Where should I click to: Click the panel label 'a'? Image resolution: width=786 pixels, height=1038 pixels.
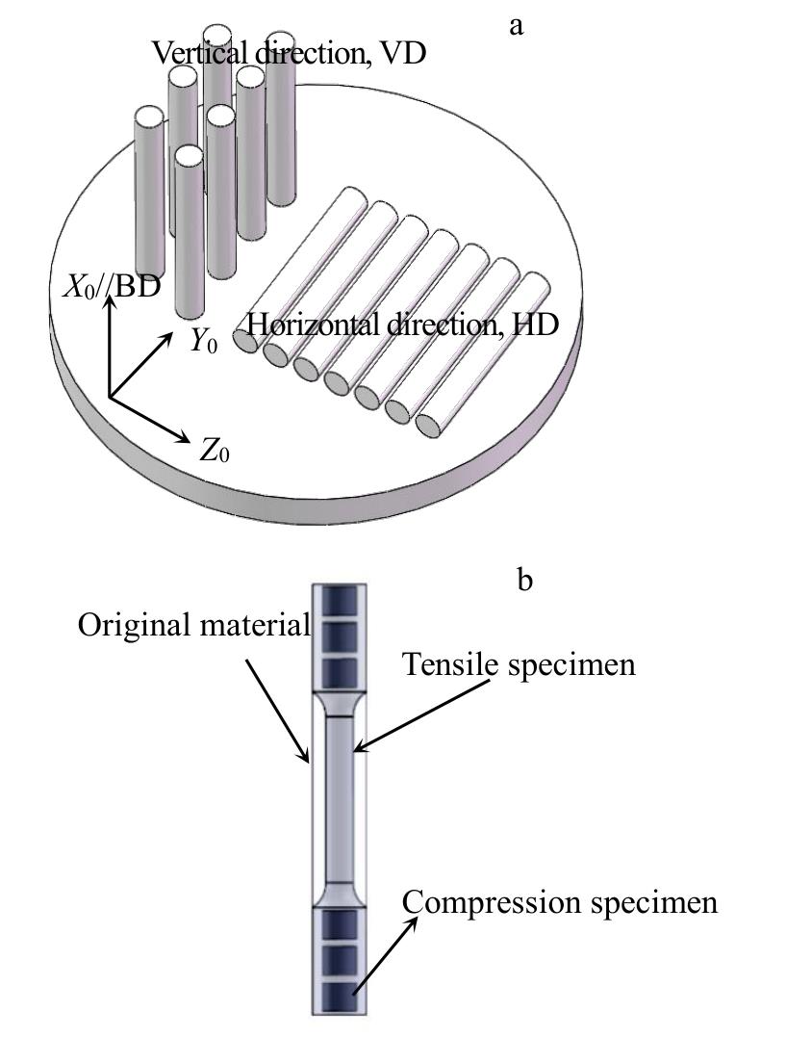click(516, 26)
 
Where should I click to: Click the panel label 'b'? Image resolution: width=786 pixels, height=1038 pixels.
click(524, 582)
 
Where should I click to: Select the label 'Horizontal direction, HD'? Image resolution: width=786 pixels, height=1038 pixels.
click(403, 324)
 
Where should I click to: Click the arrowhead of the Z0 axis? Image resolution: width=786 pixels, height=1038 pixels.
click(185, 438)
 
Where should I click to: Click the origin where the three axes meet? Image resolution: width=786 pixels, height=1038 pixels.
click(111, 396)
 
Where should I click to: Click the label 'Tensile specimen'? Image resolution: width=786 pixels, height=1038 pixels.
click(519, 663)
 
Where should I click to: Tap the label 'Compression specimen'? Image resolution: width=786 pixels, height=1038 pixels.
click(560, 903)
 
